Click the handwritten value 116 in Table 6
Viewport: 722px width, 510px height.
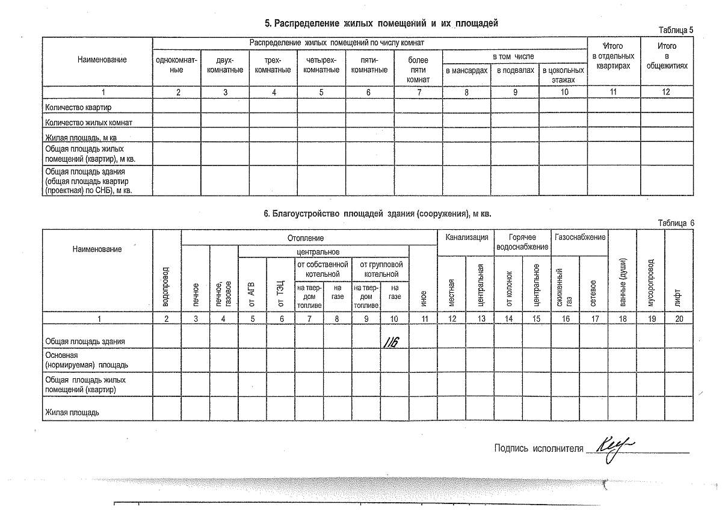point(393,341)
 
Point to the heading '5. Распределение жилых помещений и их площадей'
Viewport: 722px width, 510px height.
point(381,23)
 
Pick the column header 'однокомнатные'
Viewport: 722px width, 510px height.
point(176,64)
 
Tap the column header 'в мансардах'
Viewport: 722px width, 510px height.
point(466,70)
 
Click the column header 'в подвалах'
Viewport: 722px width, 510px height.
point(515,70)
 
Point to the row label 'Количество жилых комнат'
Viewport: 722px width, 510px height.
point(88,122)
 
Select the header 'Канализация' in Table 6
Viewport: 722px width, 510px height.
point(466,238)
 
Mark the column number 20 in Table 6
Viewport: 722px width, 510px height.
point(679,319)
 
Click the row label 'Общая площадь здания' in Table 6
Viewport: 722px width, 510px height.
point(85,341)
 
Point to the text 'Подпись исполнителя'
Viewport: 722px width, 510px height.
point(538,447)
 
